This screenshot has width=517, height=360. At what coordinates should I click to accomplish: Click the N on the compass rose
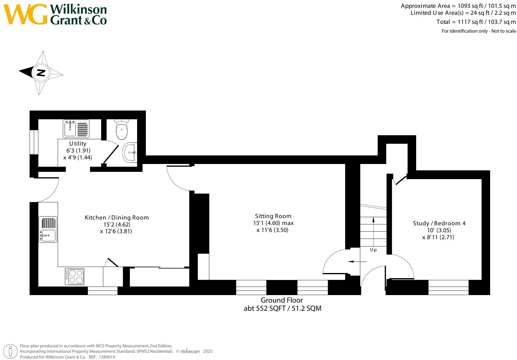(41, 72)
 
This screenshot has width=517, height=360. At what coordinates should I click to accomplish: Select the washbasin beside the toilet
(130, 153)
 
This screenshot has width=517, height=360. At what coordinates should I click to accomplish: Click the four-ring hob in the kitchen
(75, 276)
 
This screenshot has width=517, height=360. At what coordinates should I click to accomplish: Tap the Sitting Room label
(273, 216)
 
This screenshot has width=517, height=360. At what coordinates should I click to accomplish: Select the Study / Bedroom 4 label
(439, 223)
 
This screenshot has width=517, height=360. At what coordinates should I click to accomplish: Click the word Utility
(78, 143)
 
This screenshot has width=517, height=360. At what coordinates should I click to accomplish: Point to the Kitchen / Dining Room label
(117, 217)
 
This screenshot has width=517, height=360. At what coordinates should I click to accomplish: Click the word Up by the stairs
(373, 250)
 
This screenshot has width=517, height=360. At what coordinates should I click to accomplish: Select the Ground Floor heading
(282, 300)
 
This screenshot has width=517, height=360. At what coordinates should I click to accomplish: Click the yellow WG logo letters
(25, 14)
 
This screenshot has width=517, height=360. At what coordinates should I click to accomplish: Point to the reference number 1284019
(107, 357)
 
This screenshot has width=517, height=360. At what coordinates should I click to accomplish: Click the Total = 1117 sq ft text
(476, 22)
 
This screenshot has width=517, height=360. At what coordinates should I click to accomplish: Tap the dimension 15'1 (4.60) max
(273, 223)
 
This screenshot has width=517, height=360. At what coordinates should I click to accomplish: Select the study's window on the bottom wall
(448, 287)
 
